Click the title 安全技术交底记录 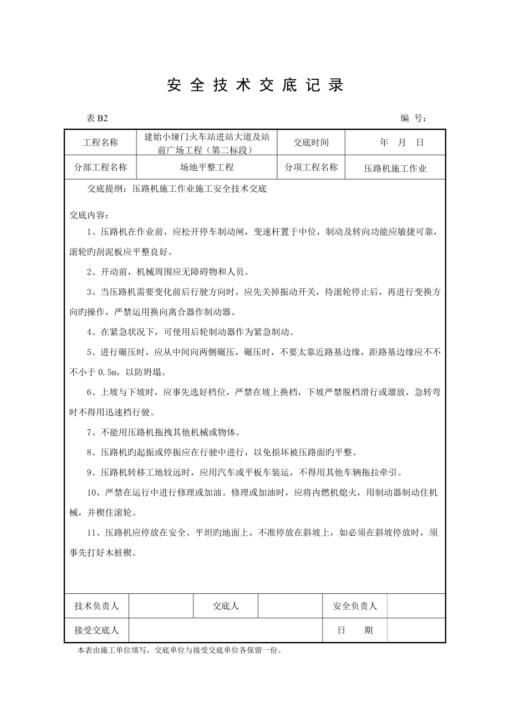pyautogui.click(x=255, y=85)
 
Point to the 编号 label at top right pyautogui.click(x=413, y=118)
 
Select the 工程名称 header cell pyautogui.click(x=100, y=143)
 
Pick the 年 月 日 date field pyautogui.click(x=402, y=143)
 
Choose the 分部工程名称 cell pyautogui.click(x=100, y=167)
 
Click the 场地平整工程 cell pyautogui.click(x=206, y=167)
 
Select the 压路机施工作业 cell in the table pyautogui.click(x=395, y=168)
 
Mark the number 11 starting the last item pyautogui.click(x=92, y=533)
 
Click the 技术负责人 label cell pyautogui.click(x=97, y=606)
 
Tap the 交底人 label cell pyautogui.click(x=226, y=606)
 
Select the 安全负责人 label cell pyautogui.click(x=355, y=606)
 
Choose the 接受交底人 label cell pyautogui.click(x=97, y=631)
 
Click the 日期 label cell pyautogui.click(x=355, y=631)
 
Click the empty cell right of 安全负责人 pyautogui.click(x=416, y=606)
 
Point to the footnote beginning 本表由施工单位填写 pyautogui.click(x=180, y=650)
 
